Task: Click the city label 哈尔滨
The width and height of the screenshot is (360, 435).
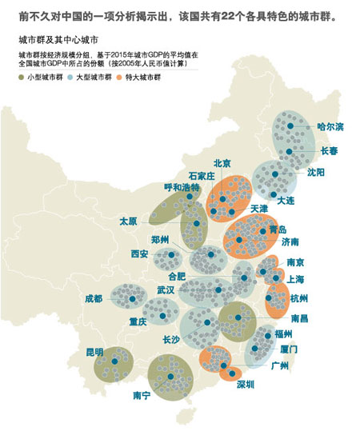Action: pyautogui.click(x=330, y=126)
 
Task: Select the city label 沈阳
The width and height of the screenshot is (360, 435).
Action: pyautogui.click(x=315, y=172)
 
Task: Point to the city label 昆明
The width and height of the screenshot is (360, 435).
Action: pyautogui.click(x=94, y=352)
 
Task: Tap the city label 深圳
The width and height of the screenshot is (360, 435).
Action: pyautogui.click(x=245, y=385)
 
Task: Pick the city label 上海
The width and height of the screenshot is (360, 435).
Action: pyautogui.click(x=296, y=279)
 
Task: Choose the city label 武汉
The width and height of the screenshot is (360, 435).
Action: pyautogui.click(x=166, y=289)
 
